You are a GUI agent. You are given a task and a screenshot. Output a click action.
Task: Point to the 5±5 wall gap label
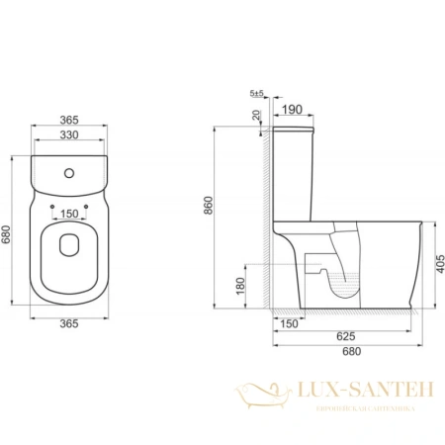(257, 94)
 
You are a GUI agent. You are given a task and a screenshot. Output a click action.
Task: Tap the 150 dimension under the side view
(287, 323)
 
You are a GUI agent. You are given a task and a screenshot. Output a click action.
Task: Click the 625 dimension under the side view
(344, 335)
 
